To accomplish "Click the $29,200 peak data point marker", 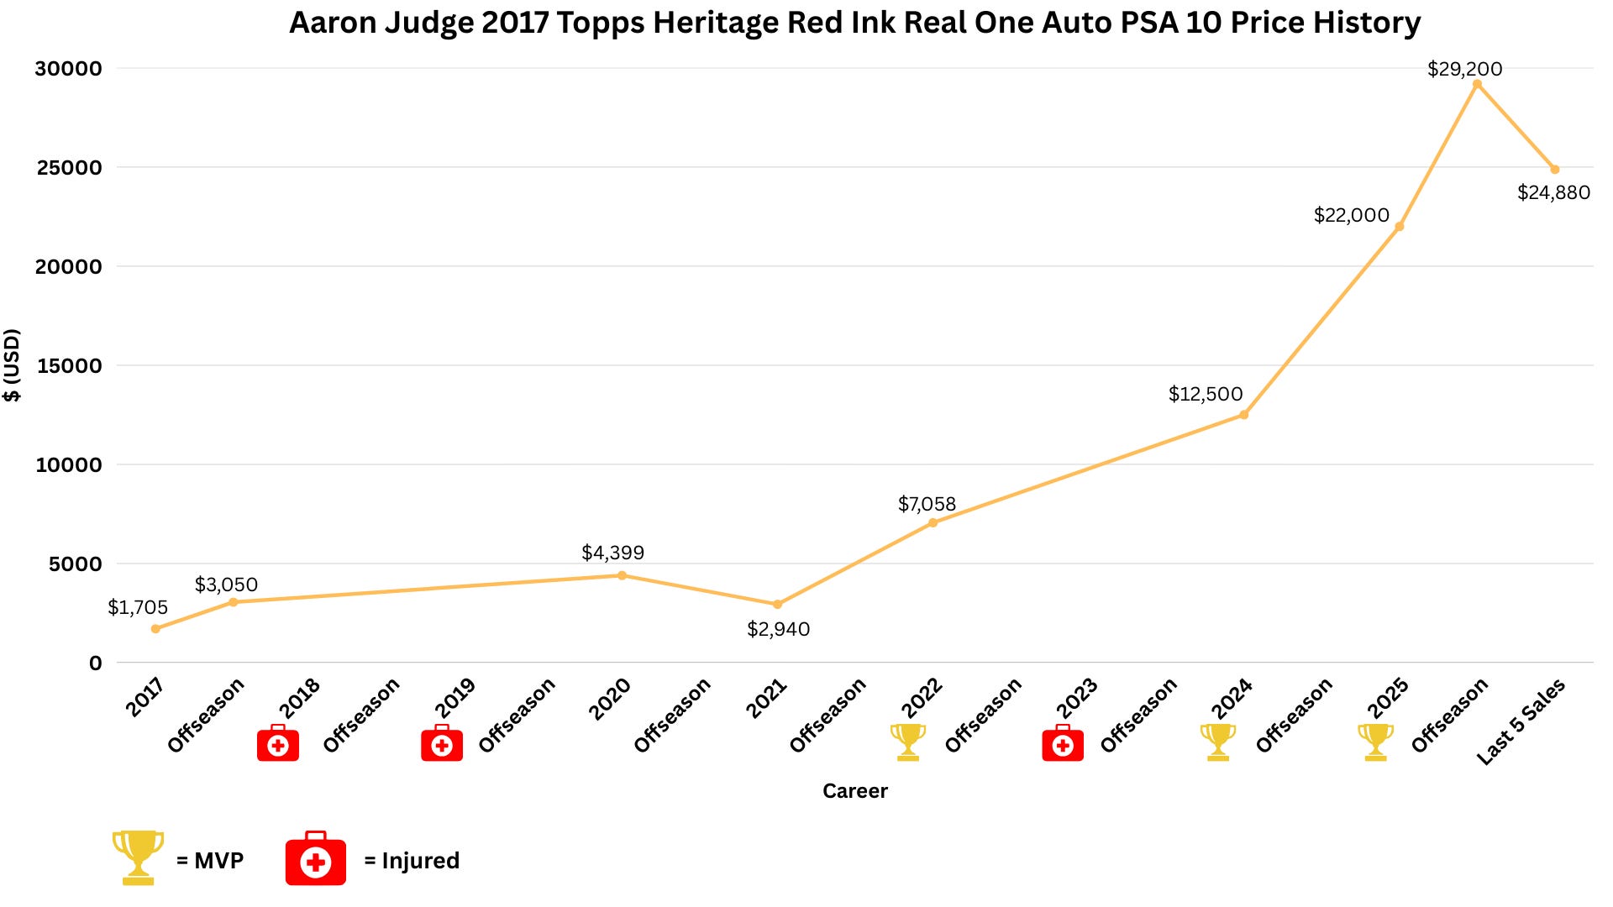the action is pos(1477,84).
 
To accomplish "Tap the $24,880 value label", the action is pos(1553,192).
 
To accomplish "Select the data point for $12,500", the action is pos(1244,415).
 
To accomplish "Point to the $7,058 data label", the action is pos(927,504).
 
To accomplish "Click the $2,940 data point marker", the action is pos(777,605).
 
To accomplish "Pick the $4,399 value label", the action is pos(612,553).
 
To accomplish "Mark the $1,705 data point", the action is pos(155,629).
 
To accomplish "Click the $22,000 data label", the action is pos(1352,215).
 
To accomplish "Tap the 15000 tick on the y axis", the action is pos(69,366).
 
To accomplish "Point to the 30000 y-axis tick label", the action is pos(69,69).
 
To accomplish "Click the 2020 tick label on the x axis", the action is pos(609,699).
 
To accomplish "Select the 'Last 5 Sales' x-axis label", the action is pos(1521,721).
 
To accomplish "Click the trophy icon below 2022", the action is pos(908,742).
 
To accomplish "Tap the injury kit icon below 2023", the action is pos(1063,742).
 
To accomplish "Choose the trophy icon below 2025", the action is pos(1375,742).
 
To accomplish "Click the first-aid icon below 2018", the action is pos(278,742).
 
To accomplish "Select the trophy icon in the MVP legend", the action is pos(139,857).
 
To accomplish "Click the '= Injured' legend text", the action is pos(412,861).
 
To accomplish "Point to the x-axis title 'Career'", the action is pos(855,791).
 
